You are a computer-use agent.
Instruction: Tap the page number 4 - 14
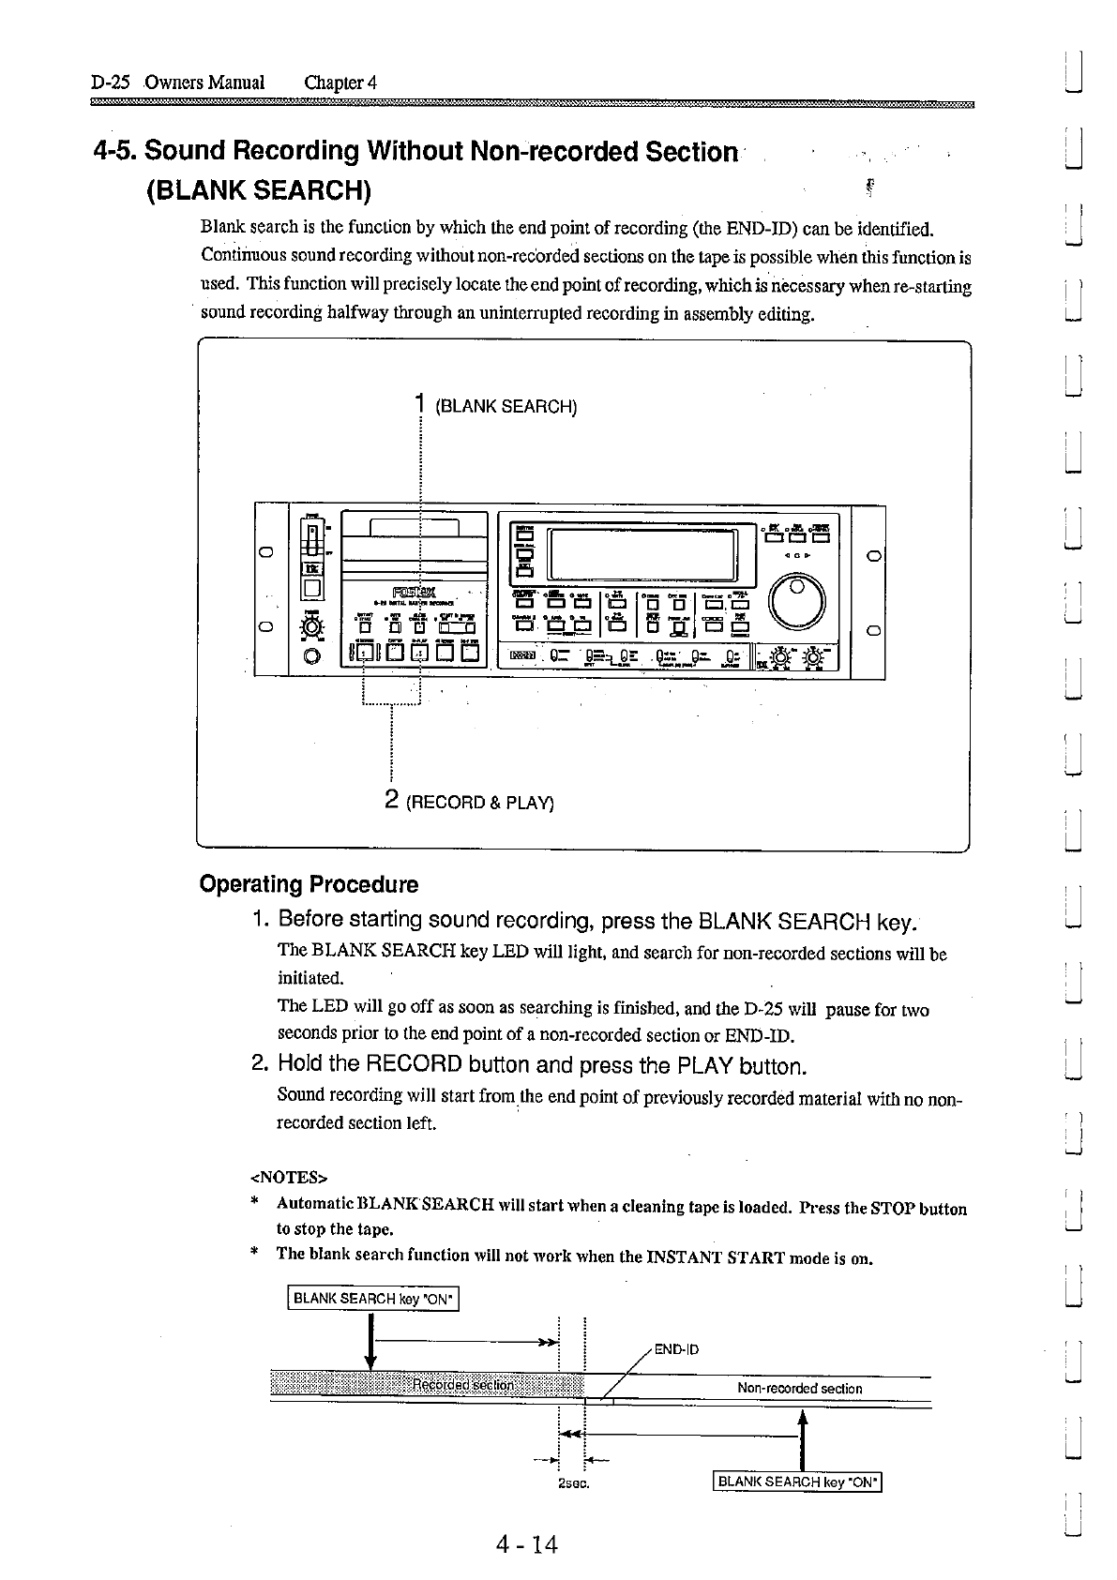tap(527, 1543)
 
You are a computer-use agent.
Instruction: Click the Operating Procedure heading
tap(309, 884)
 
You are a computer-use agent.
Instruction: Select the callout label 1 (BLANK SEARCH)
tap(496, 406)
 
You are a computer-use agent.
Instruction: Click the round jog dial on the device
tap(796, 598)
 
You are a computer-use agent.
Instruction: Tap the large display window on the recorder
tap(642, 555)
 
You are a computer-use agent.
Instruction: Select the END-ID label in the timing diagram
tap(676, 1350)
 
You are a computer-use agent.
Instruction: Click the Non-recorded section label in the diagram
tap(799, 1389)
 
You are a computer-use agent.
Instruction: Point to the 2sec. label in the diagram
tap(572, 1484)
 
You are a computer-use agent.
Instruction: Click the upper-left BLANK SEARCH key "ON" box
tap(373, 1299)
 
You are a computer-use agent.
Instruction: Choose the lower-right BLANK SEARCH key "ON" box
tap(798, 1482)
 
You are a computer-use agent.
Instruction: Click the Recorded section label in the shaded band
tap(463, 1386)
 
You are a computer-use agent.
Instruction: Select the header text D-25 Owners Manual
tap(178, 83)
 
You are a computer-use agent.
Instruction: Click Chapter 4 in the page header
tap(340, 83)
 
